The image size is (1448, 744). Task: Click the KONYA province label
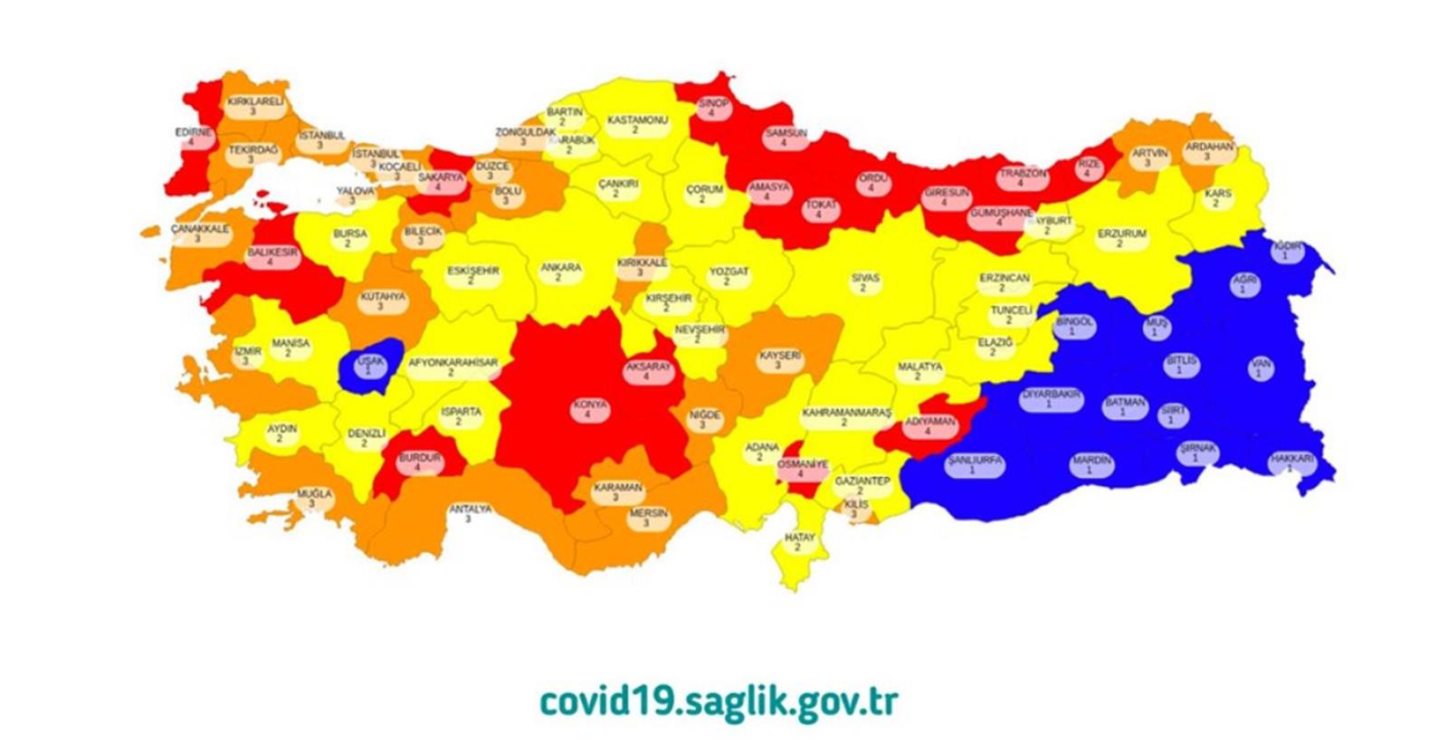(x=589, y=409)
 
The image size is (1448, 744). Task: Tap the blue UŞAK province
(x=370, y=366)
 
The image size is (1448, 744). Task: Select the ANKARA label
(x=560, y=272)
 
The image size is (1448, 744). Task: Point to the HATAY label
(x=799, y=542)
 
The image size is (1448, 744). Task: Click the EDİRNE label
(x=193, y=137)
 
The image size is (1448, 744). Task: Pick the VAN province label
(x=1260, y=368)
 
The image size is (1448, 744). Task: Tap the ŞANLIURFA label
(x=975, y=465)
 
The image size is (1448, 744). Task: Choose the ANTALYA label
(x=471, y=514)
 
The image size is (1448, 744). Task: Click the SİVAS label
(x=864, y=283)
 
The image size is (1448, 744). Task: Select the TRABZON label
(x=1022, y=177)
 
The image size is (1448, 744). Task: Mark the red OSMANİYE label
(x=802, y=469)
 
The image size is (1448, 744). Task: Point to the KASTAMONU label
(x=637, y=125)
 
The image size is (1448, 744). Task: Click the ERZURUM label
(x=1121, y=238)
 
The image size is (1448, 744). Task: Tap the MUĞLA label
(x=314, y=499)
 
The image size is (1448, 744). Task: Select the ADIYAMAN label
(x=930, y=426)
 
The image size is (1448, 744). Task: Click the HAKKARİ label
(x=1291, y=463)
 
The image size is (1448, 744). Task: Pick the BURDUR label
(x=419, y=463)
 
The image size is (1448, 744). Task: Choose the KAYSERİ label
(x=779, y=360)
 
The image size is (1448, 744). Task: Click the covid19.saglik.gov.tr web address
(x=719, y=701)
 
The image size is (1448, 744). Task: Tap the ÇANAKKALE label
(x=200, y=234)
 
